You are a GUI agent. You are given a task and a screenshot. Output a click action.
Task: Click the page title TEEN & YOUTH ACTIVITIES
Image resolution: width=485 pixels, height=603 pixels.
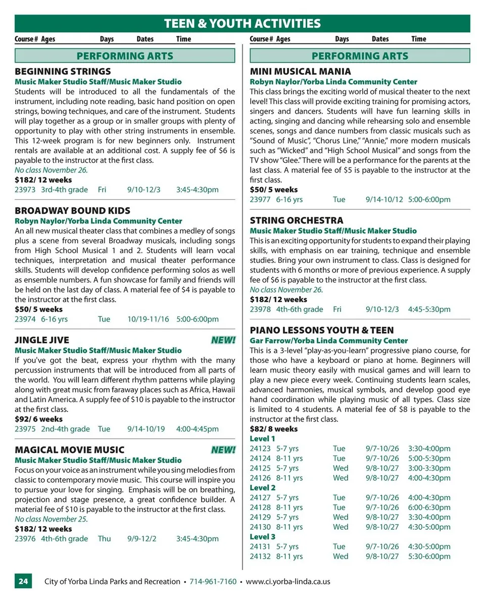coord(242,23)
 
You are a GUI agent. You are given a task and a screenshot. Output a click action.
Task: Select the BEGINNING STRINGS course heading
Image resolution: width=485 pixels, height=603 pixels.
coord(63,71)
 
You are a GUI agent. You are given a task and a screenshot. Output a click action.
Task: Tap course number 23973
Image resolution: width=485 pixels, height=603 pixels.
coord(25,190)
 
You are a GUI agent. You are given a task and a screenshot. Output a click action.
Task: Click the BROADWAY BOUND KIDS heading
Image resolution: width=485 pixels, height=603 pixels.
coord(72,211)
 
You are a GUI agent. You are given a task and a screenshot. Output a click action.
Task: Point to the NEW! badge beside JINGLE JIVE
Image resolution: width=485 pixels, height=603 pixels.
coord(223,340)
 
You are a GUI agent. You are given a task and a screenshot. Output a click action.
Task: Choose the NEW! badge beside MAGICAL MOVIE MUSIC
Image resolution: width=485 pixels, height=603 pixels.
coord(223,450)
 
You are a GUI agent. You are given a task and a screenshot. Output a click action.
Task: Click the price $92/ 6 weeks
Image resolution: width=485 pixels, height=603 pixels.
coord(38,419)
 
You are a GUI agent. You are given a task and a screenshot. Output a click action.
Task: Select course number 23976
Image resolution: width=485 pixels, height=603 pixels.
coord(25,538)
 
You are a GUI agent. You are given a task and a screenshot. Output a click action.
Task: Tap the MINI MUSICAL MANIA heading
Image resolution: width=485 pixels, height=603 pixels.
coord(300,71)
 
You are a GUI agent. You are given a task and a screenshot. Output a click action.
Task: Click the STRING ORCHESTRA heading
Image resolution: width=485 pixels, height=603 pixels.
coord(296,220)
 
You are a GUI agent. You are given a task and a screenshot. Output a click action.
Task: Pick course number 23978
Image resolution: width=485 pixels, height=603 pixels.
coord(260,309)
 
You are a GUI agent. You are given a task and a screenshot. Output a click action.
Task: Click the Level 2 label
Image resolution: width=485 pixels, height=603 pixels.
coord(263,488)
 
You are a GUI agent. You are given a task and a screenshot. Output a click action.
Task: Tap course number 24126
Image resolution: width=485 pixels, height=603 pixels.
coord(260,478)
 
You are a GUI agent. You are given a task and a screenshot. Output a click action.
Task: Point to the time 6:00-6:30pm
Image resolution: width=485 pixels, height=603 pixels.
coord(429,507)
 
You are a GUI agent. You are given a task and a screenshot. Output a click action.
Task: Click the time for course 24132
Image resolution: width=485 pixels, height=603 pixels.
coord(429,556)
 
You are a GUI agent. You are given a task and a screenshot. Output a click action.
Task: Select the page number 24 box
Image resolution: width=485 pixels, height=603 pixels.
coord(23,581)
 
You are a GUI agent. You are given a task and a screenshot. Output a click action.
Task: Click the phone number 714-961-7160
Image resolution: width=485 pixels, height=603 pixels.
coord(213,581)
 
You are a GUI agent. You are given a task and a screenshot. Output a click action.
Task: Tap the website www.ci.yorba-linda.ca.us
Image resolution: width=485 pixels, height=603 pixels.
coord(288,581)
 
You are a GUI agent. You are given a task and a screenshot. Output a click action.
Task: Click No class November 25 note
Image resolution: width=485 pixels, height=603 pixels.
coord(51,519)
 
